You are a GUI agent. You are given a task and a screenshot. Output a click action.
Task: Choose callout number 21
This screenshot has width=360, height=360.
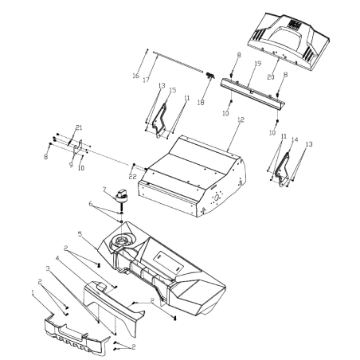(x=79, y=128)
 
